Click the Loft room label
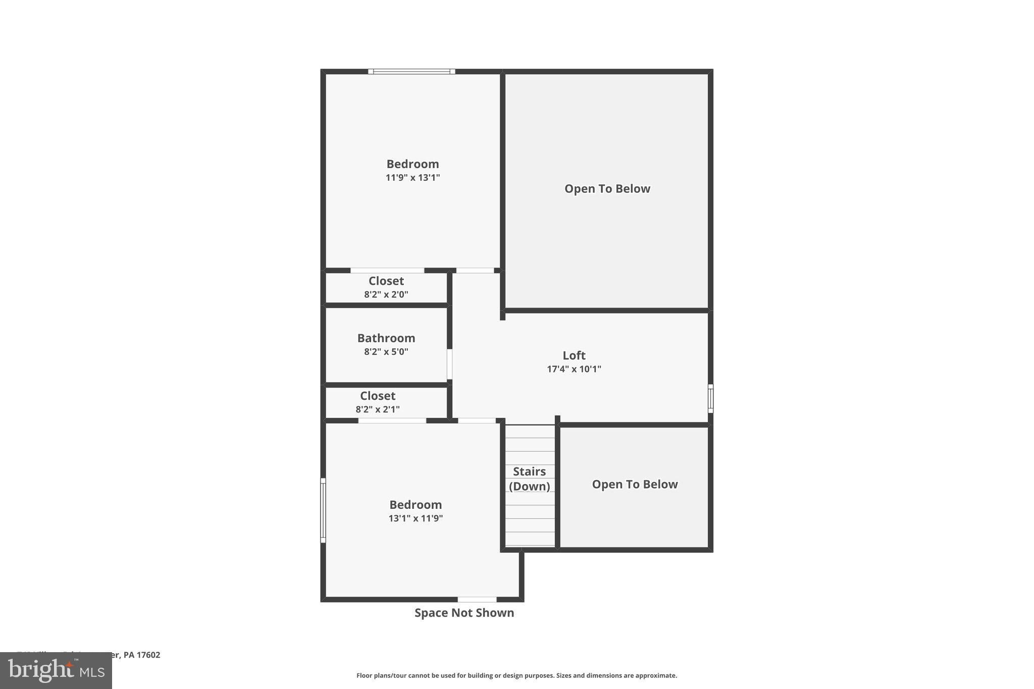(x=574, y=355)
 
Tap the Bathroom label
(x=386, y=338)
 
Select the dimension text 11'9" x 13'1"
(x=412, y=178)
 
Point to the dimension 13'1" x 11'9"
(x=416, y=518)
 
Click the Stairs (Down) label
(x=529, y=479)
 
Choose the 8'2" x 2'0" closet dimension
(x=386, y=294)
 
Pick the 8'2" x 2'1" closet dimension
(x=378, y=409)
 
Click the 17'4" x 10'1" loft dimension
(x=574, y=369)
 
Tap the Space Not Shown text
(x=464, y=613)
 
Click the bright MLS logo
(x=56, y=670)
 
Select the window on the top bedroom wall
(x=411, y=72)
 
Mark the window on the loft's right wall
(x=710, y=399)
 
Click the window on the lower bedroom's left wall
(x=323, y=510)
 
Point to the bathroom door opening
(x=449, y=364)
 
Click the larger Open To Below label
(x=607, y=189)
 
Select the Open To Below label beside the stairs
(x=635, y=485)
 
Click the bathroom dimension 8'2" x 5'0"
(x=386, y=352)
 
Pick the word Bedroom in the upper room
(x=412, y=164)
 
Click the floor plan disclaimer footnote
(x=516, y=675)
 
